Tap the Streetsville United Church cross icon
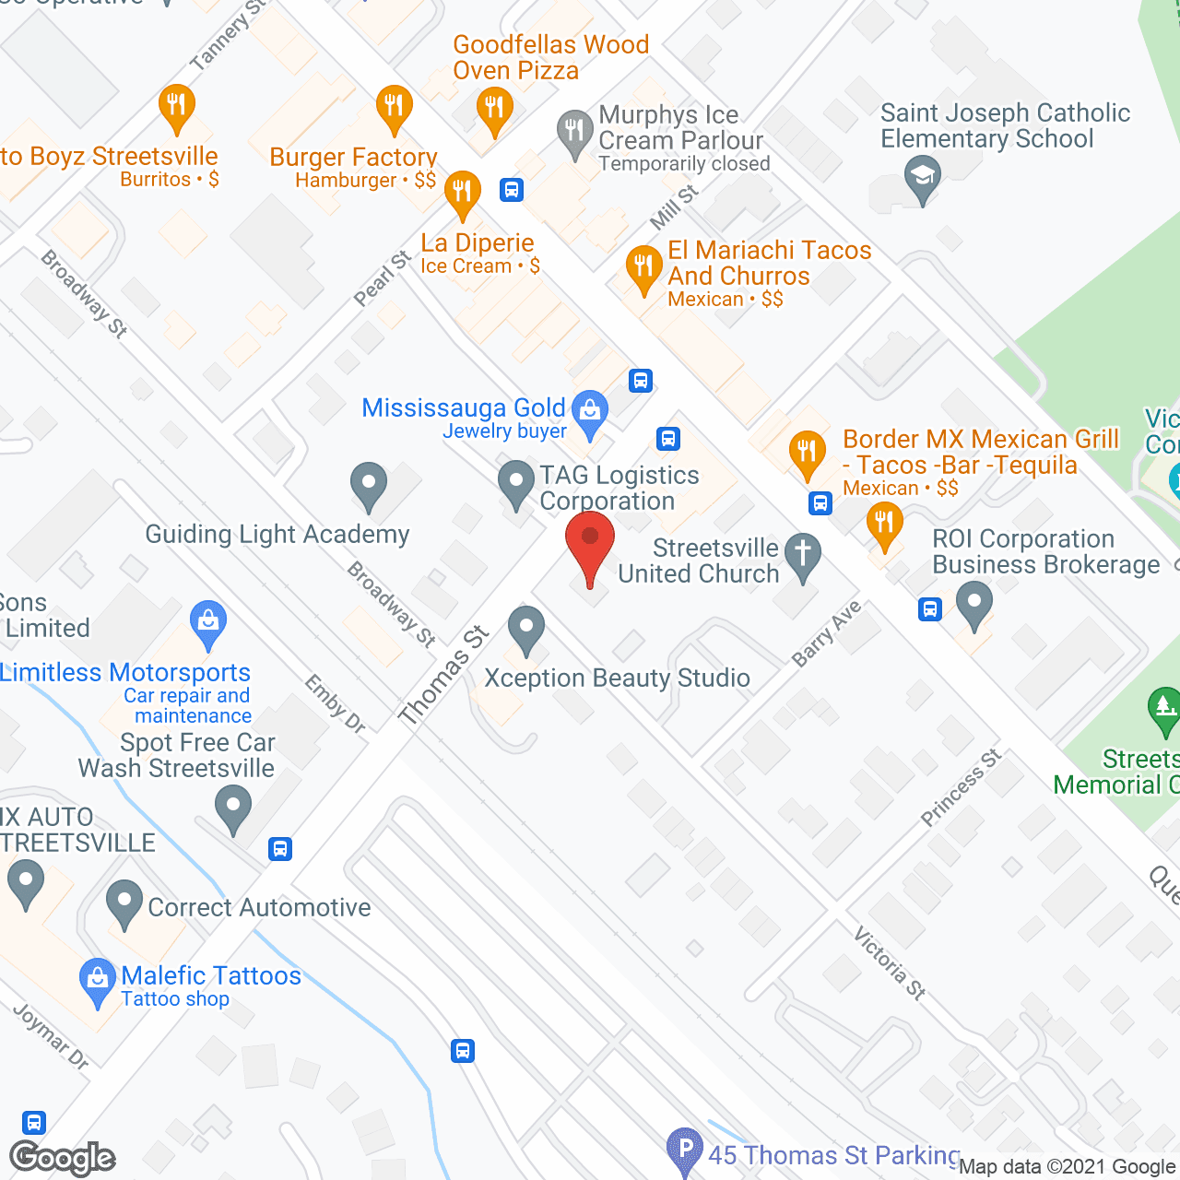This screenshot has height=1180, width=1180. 803,556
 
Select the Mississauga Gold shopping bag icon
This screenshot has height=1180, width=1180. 590,411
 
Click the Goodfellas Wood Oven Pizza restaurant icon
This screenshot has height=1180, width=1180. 495,109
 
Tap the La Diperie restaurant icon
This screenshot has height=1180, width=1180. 463,192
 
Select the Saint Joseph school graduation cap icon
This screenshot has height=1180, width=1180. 922,175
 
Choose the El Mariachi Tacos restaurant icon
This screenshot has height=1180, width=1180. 643,267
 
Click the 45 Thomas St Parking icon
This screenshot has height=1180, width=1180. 685,1150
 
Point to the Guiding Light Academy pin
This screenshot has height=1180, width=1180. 369,483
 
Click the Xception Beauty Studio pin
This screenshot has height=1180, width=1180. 526,629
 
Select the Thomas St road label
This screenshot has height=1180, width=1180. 442,675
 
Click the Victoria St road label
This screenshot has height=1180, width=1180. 890,963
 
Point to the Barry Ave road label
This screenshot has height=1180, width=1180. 827,632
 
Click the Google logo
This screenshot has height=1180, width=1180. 63,1158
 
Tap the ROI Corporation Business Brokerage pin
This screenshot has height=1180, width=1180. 973,604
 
